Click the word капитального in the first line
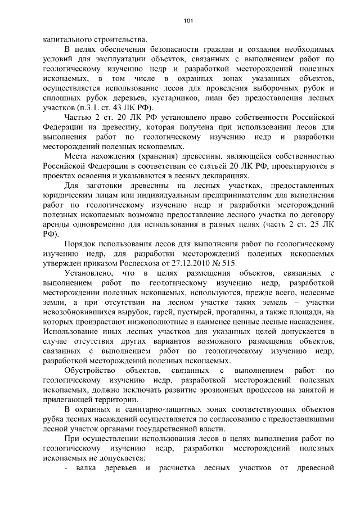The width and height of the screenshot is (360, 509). (67, 39)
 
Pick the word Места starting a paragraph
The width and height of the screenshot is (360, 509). (76, 156)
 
